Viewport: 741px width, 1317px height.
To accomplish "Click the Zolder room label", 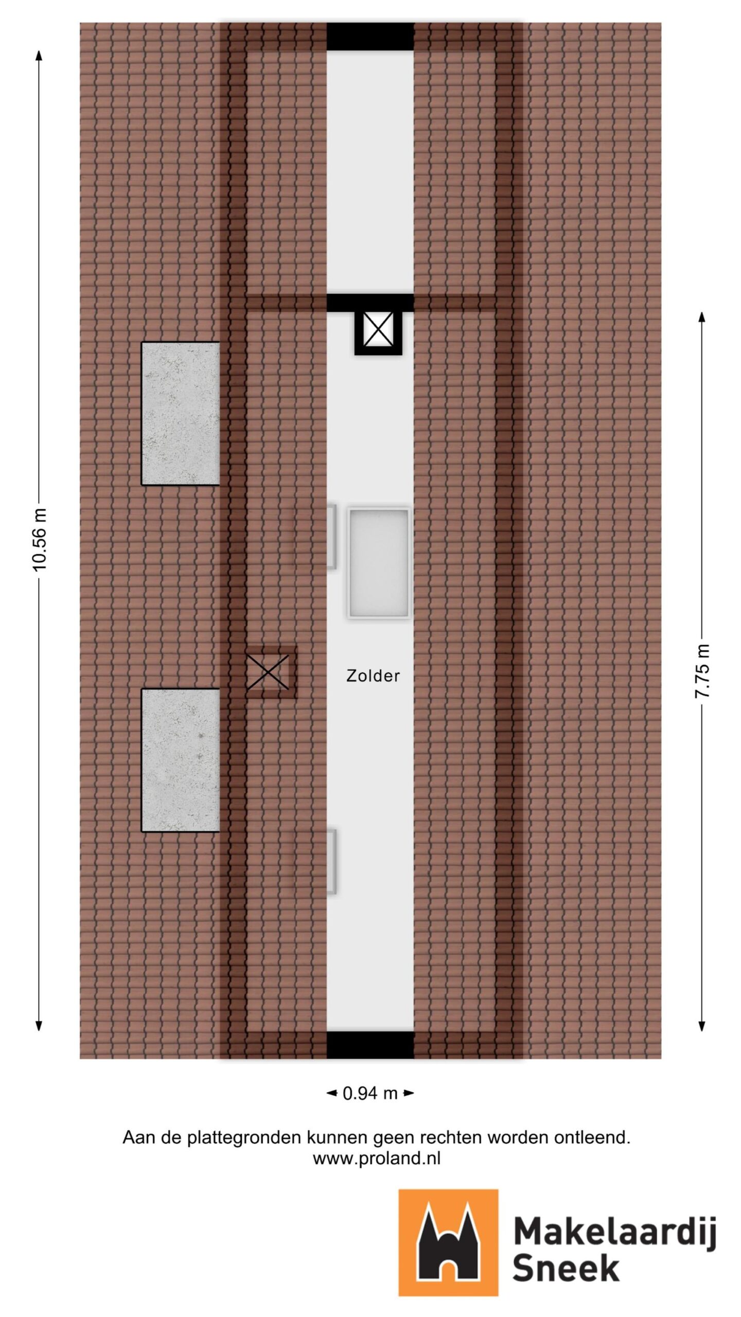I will pyautogui.click(x=373, y=675).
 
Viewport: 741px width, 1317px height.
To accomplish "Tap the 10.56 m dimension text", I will pyautogui.click(x=39, y=539).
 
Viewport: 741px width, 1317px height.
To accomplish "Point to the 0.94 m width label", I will pyautogui.click(x=370, y=1093).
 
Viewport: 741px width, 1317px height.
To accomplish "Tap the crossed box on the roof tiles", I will pyautogui.click(x=268, y=672).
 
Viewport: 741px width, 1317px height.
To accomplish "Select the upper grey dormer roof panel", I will pyautogui.click(x=181, y=413).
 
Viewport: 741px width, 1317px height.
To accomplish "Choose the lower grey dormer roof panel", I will pyautogui.click(x=181, y=760).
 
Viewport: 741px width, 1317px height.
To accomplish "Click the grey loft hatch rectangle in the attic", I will pyautogui.click(x=379, y=563).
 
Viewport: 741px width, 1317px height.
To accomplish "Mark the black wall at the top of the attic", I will pyautogui.click(x=370, y=37).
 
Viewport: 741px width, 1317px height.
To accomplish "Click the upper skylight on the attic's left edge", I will pyautogui.click(x=332, y=536).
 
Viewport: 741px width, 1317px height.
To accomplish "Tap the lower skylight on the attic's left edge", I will pyautogui.click(x=332, y=861).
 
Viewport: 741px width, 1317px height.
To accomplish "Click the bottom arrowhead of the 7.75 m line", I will pyautogui.click(x=702, y=1026).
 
